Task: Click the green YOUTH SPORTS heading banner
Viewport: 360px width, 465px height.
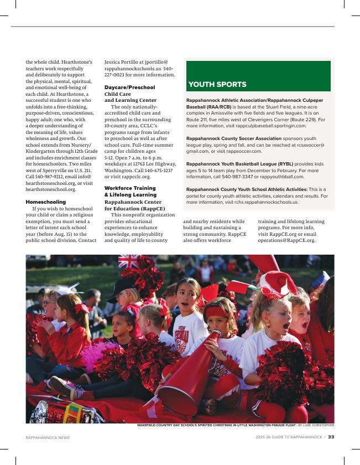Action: click(258, 76)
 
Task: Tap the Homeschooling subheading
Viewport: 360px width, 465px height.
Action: click(45, 202)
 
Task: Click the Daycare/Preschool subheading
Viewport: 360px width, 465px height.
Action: click(129, 87)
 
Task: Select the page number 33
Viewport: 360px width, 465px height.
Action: click(331, 437)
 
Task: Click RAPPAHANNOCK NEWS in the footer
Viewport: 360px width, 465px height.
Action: click(48, 437)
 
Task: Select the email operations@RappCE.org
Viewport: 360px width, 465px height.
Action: click(287, 241)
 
